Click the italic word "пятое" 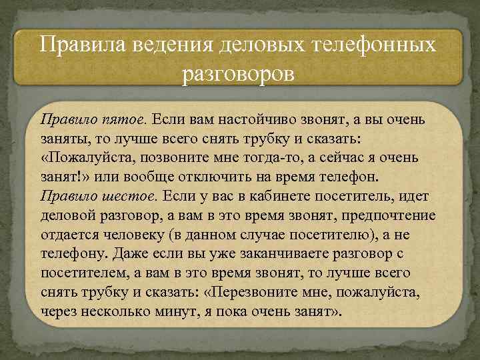125,120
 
